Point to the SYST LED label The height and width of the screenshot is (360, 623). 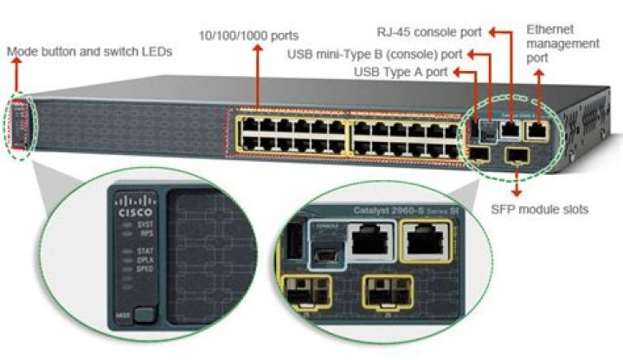pyautogui.click(x=145, y=223)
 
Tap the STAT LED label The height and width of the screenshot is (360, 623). pyautogui.click(x=145, y=251)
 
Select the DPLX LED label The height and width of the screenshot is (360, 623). pyautogui.click(x=145, y=260)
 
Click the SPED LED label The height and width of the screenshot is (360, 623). pyautogui.click(x=145, y=269)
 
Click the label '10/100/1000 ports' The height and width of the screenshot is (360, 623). pyautogui.click(x=248, y=35)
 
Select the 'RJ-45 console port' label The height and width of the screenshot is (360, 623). pyautogui.click(x=430, y=33)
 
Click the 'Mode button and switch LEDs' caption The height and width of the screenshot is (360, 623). pyautogui.click(x=90, y=52)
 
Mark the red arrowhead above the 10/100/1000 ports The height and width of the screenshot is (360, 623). pyautogui.click(x=257, y=48)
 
